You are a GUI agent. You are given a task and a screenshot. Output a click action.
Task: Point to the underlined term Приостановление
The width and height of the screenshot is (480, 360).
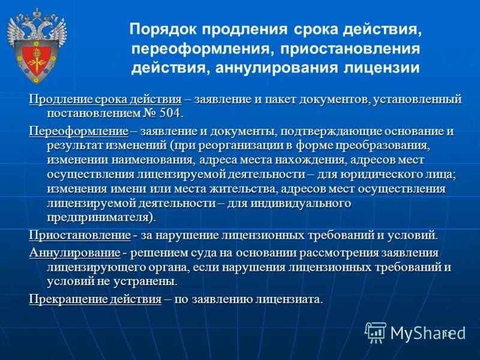coord(80,235)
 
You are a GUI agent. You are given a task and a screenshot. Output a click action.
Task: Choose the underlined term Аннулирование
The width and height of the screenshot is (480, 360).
coord(75,252)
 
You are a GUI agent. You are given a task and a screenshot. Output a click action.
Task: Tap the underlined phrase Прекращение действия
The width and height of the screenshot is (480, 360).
coord(95,299)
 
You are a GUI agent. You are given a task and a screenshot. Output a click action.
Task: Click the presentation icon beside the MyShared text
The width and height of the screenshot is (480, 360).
coord(376,332)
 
